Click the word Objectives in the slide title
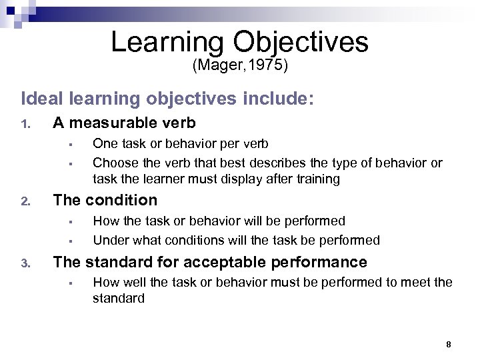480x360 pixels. click(x=301, y=42)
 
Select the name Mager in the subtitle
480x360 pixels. click(x=217, y=66)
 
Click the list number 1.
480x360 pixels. click(x=25, y=124)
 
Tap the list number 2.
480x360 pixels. click(x=25, y=201)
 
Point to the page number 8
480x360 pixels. click(x=449, y=344)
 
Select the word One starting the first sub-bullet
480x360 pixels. click(x=103, y=143)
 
